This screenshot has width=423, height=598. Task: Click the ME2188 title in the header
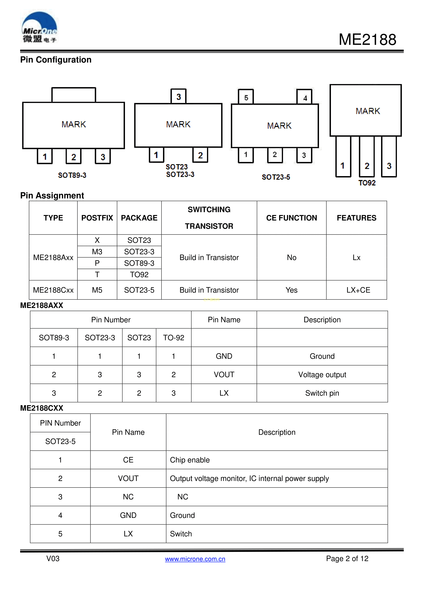coord(367,40)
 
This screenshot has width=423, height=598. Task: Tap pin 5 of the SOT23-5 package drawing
coord(246,97)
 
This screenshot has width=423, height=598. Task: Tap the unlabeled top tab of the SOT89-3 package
coord(74,95)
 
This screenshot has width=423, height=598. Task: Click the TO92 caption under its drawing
coord(367,183)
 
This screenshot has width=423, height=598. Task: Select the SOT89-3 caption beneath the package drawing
coord(72,175)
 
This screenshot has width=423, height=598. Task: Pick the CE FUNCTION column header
coord(292,218)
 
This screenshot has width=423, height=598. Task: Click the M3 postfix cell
coord(97,252)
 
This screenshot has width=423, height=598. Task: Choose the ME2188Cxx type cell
coord(53,290)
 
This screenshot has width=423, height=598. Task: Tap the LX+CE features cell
coord(358,290)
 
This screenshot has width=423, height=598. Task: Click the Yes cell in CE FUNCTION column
coord(292,290)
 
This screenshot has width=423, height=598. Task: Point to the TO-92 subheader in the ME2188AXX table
coord(173,338)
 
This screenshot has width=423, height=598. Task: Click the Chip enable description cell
coord(190,460)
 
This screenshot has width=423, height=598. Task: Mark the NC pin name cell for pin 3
coord(128,497)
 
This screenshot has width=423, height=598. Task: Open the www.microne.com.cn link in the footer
coord(195,559)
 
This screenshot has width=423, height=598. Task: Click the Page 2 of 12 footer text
coord(347,558)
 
